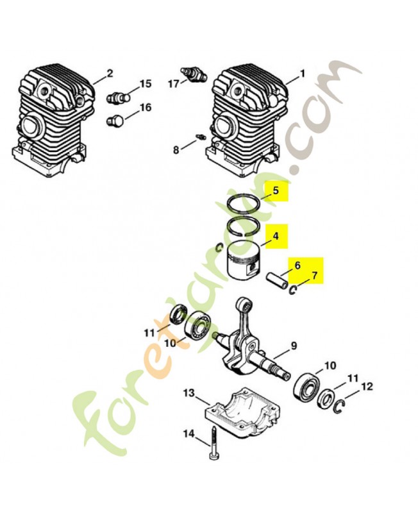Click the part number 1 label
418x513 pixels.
point(303,73)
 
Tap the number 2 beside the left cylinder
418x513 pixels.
point(110,72)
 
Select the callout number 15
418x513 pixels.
point(146,84)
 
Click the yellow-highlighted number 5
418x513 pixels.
point(276,190)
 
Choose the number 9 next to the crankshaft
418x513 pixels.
point(294,346)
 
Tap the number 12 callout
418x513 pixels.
point(367,387)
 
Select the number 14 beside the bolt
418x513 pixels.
point(188,434)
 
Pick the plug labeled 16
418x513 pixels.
point(116,121)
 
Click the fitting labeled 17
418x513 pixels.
point(194,74)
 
